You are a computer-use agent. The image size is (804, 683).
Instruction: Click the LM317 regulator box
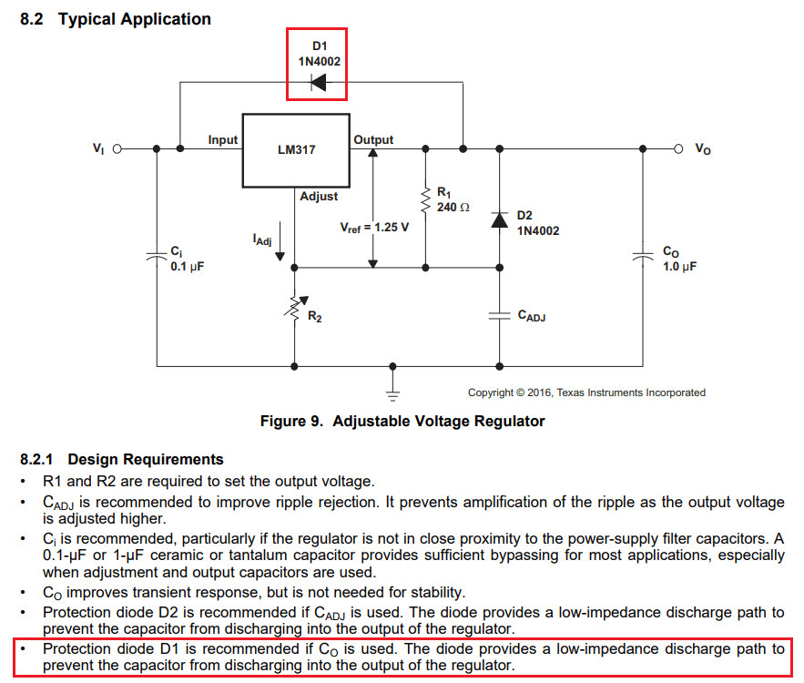(296, 150)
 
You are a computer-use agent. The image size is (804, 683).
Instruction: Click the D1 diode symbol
(318, 83)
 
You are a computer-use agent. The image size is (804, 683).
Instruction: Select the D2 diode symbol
(499, 220)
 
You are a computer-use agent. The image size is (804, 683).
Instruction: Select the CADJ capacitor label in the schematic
(531, 315)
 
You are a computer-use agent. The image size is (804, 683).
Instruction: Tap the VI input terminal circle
(117, 148)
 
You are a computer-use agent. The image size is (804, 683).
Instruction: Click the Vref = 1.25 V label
(374, 227)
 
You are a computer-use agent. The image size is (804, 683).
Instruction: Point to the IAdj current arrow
(280, 246)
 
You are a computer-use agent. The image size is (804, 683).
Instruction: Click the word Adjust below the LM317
(319, 196)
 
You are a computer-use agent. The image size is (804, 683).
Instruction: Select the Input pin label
(222, 139)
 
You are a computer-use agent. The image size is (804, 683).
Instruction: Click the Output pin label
(373, 139)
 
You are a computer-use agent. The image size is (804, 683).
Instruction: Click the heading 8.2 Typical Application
(116, 19)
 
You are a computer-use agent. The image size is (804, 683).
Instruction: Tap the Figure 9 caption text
(402, 421)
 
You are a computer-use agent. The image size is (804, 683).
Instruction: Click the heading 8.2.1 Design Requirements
(122, 459)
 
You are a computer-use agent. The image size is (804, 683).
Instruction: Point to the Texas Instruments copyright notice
(586, 392)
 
